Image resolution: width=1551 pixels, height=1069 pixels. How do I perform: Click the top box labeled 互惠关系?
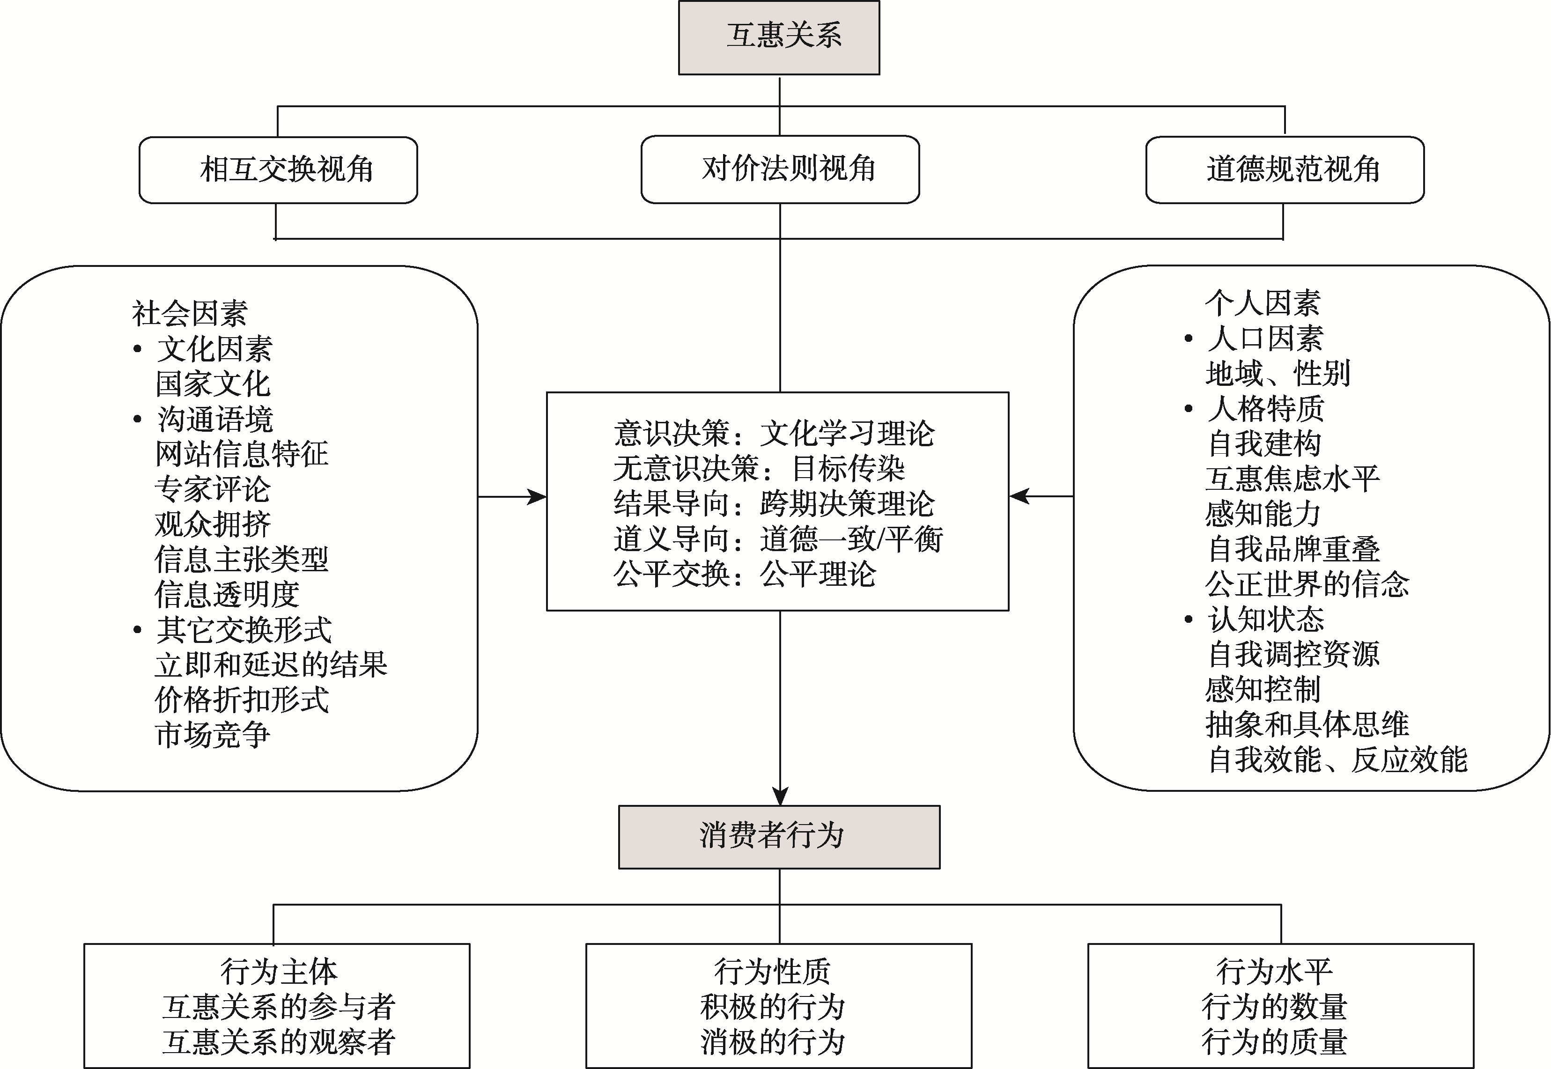click(779, 37)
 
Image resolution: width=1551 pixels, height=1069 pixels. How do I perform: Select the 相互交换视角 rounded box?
click(278, 170)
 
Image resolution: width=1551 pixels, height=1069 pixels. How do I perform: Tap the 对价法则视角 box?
click(780, 170)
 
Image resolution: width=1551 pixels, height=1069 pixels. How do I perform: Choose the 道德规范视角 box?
click(1285, 170)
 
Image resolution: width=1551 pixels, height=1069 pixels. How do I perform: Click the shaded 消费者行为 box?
click(779, 837)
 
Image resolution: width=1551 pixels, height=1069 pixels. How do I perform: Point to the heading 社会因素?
click(190, 313)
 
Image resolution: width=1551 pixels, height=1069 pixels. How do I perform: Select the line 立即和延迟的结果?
click(271, 665)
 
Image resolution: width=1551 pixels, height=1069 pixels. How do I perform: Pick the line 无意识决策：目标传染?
click(759, 469)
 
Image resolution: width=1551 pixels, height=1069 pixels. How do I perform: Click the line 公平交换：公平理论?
click(745, 575)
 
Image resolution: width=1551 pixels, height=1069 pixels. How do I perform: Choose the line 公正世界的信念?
click(1307, 584)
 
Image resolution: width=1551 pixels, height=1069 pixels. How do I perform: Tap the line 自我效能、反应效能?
click(1337, 759)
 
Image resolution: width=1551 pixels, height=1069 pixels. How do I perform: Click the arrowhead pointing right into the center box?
click(538, 497)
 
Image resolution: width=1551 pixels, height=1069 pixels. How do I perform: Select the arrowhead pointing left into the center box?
click(1019, 496)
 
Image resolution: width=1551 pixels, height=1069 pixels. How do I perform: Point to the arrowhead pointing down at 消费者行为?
click(780, 796)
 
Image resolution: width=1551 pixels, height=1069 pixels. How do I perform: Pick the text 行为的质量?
click(1274, 1041)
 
